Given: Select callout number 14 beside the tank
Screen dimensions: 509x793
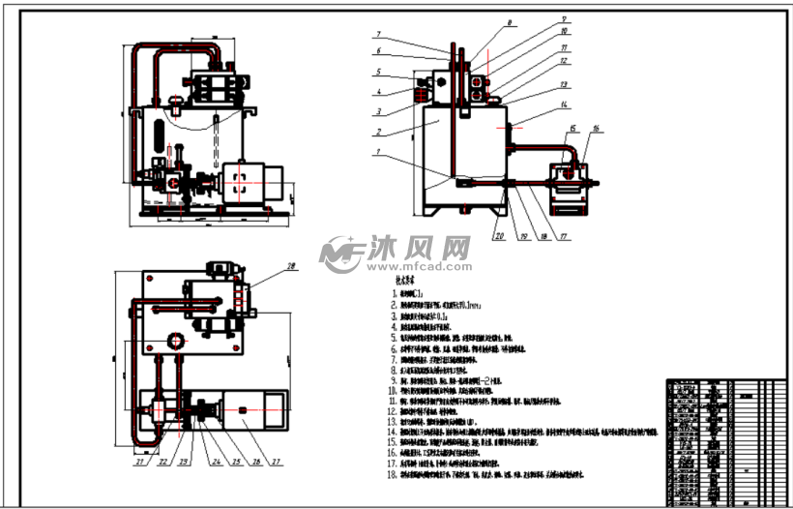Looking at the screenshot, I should click(x=565, y=105).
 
